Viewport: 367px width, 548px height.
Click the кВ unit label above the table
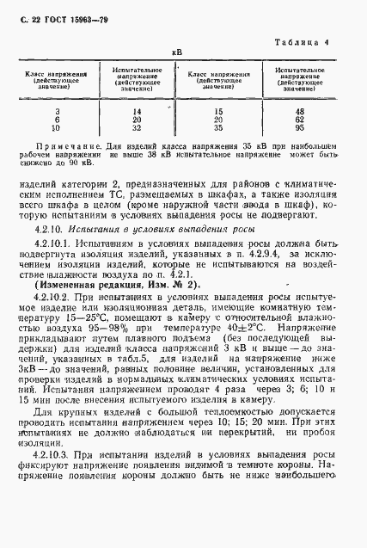[x=176, y=52]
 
